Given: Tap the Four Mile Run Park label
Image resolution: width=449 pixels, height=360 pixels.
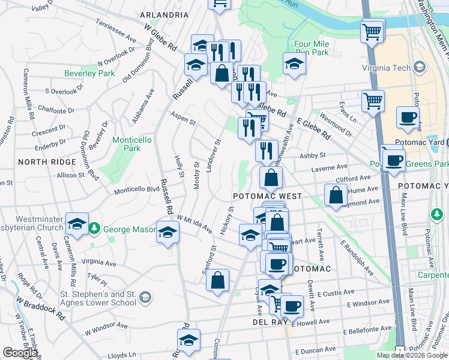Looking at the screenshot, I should (x=312, y=49).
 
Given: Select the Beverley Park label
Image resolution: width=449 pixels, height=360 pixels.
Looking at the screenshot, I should (x=89, y=73).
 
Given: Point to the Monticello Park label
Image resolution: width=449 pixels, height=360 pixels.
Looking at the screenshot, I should (x=126, y=144).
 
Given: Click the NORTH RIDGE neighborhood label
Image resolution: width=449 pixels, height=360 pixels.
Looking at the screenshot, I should (x=47, y=162).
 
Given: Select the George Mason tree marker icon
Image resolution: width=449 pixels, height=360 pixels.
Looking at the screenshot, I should (x=94, y=229).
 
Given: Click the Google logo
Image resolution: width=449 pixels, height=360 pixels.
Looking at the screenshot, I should (x=20, y=353).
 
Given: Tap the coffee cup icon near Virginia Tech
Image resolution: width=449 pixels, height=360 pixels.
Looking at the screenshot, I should (x=408, y=117).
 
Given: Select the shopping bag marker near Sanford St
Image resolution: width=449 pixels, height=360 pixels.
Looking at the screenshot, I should (x=218, y=280).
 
